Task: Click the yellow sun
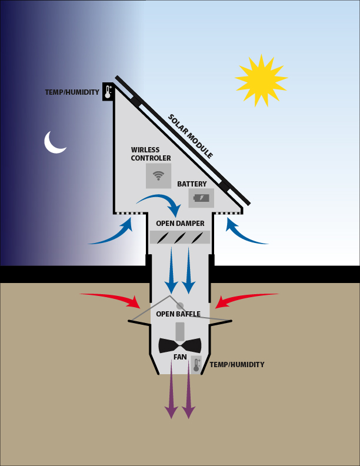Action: (261, 80)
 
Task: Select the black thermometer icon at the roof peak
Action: (108, 92)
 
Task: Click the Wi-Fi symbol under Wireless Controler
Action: (158, 176)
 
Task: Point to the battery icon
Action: (201, 198)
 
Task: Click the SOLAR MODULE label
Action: (191, 136)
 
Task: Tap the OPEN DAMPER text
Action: (181, 223)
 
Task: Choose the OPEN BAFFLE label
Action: (178, 314)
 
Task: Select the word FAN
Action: (180, 357)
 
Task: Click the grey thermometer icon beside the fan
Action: (196, 364)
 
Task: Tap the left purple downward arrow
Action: (171, 390)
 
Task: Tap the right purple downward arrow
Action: (189, 390)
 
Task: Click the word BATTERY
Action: (192, 184)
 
